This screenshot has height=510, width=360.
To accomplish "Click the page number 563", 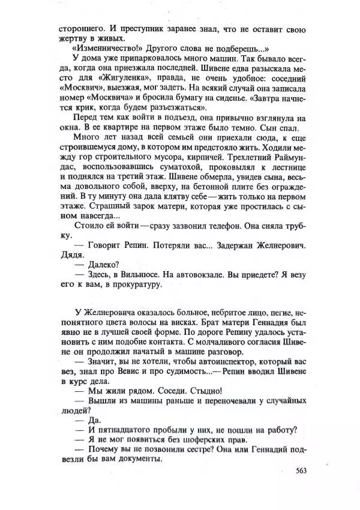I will [x=301, y=470].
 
